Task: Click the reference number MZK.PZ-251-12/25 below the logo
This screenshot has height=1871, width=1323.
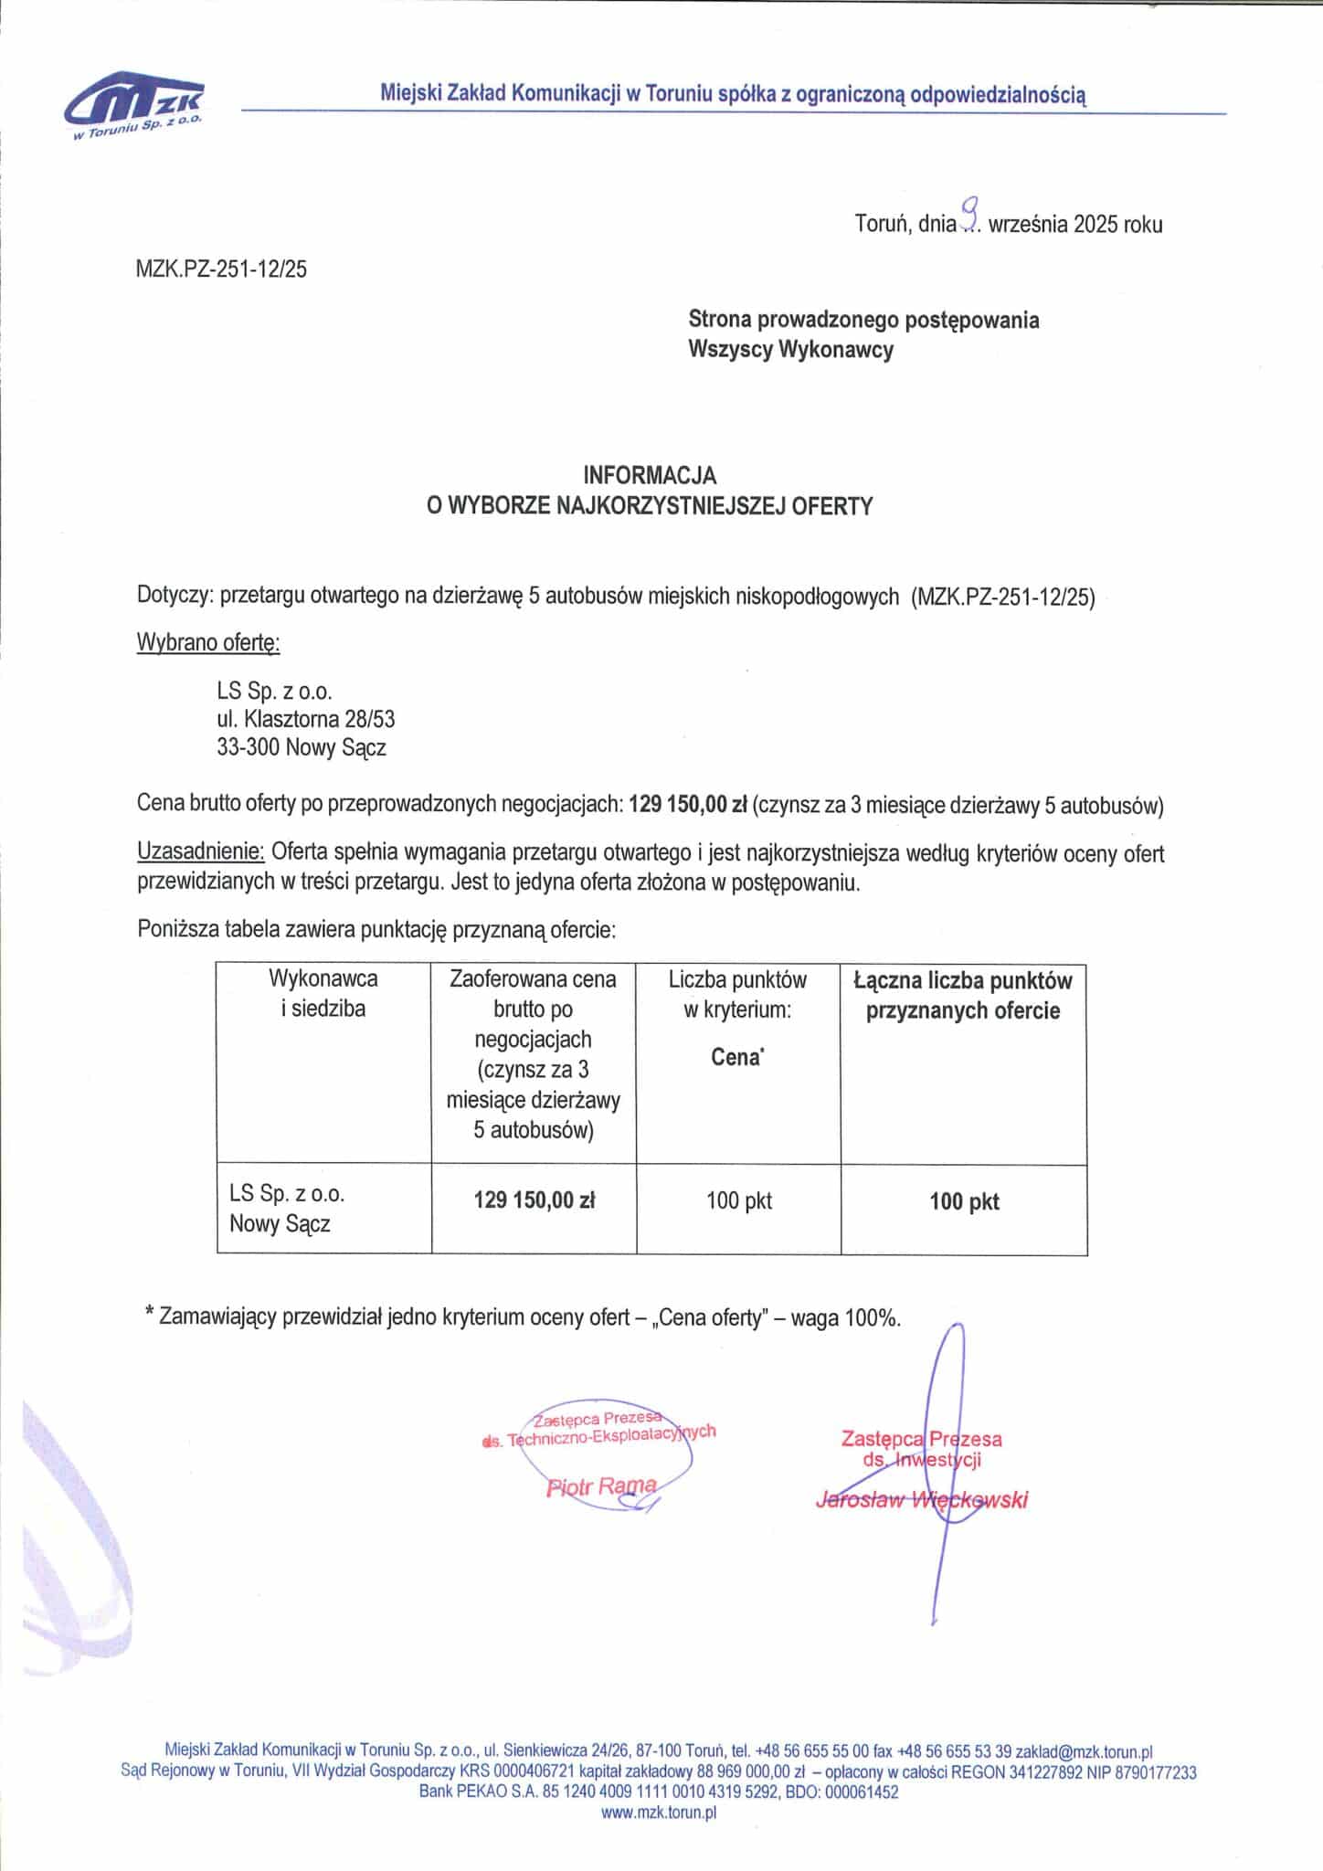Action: tap(221, 270)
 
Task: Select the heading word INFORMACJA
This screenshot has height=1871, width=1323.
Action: tap(650, 475)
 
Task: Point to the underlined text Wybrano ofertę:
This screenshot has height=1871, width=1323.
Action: tap(208, 643)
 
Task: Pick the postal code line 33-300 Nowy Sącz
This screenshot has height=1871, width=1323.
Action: tap(302, 748)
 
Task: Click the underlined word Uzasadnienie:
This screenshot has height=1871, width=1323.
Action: tap(201, 853)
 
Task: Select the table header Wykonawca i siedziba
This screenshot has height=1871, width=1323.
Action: tap(323, 994)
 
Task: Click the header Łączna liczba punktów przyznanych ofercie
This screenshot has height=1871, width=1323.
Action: tap(963, 995)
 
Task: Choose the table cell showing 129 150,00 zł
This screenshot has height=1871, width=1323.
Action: tap(534, 1200)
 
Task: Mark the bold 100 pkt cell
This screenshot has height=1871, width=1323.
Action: tap(964, 1201)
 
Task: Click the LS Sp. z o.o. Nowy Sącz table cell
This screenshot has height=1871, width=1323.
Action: tap(287, 1208)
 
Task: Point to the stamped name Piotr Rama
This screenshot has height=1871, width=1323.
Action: tap(600, 1486)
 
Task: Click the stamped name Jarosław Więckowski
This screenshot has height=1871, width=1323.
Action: tap(921, 1499)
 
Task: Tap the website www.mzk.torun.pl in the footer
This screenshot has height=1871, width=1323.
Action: tap(659, 1813)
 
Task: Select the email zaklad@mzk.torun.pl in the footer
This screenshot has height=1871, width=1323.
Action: tap(1084, 1751)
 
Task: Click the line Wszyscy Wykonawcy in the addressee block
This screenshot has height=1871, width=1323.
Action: tap(790, 349)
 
